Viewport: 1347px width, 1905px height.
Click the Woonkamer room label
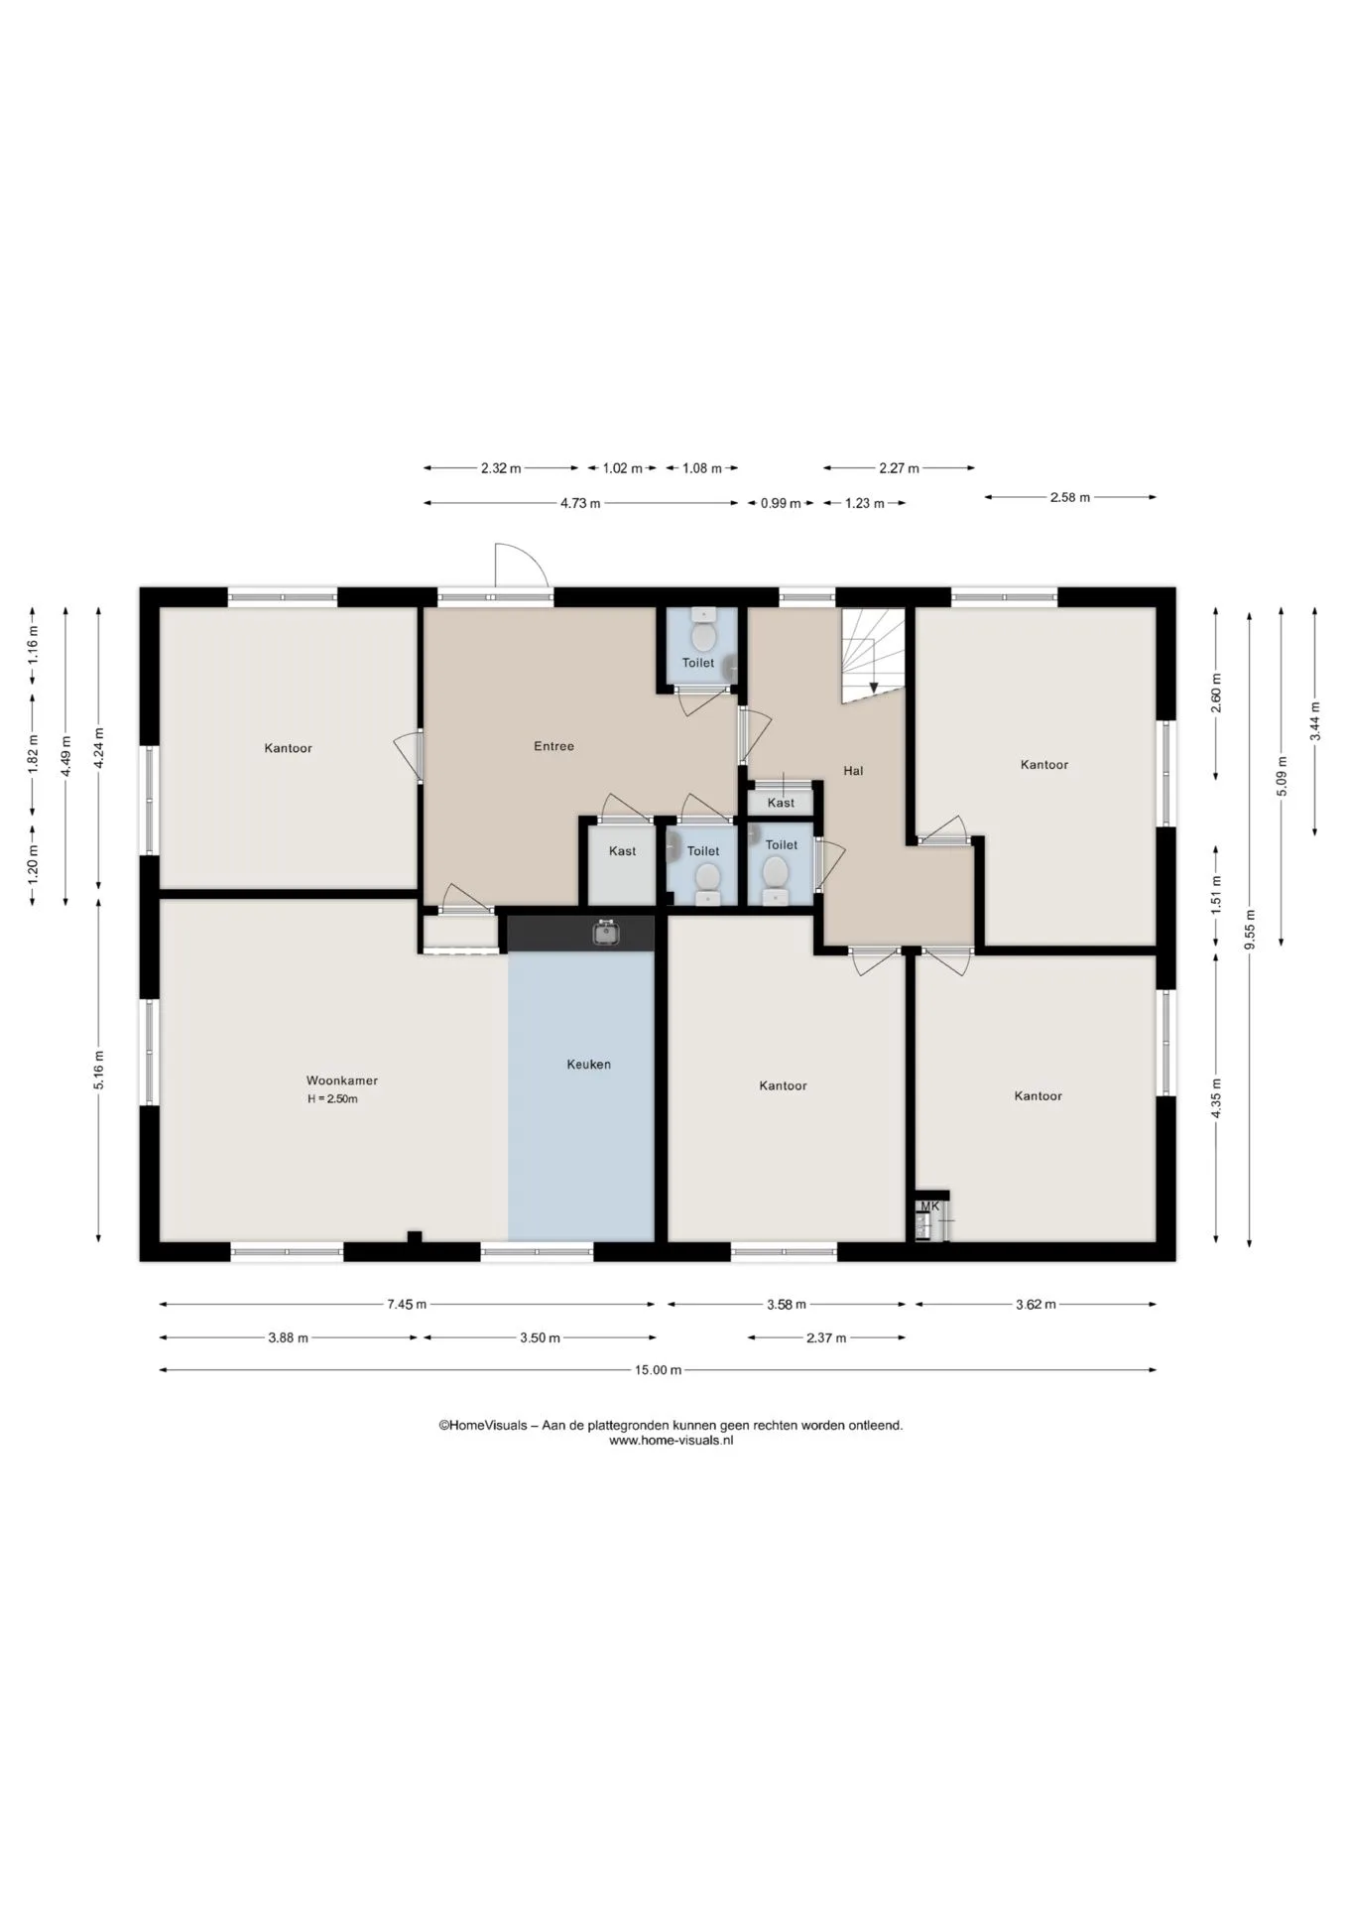[341, 1080]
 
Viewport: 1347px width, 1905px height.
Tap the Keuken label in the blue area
[588, 1065]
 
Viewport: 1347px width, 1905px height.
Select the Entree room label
[553, 746]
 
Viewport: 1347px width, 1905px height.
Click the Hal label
[853, 771]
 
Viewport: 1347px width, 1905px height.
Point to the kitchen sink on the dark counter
[606, 933]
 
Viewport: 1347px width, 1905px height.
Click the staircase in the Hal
[873, 656]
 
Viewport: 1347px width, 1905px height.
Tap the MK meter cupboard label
[929, 1206]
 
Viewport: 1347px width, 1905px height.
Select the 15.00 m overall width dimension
[658, 1370]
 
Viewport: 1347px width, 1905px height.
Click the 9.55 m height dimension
[1250, 930]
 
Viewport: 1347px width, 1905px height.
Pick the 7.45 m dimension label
[407, 1305]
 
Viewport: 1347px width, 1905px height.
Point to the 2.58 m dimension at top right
[1070, 497]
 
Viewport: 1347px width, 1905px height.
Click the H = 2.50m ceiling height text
[332, 1099]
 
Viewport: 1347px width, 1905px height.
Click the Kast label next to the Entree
[623, 851]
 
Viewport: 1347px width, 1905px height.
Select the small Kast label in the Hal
[781, 803]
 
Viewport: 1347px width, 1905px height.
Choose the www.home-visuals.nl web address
[671, 1441]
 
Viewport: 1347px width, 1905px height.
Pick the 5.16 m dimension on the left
[98, 1071]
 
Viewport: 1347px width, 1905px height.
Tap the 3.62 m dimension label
[1036, 1305]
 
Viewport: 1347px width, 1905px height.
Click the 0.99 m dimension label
[781, 503]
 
